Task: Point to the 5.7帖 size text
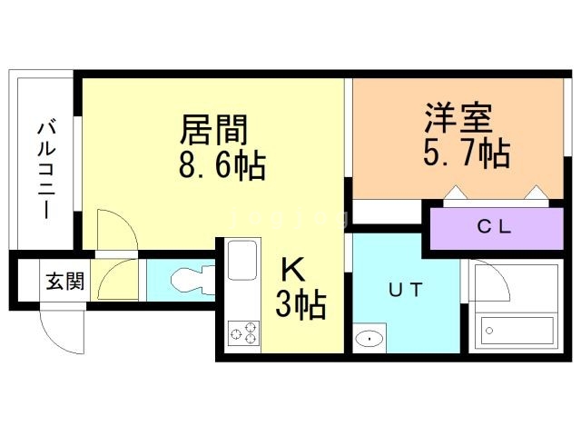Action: [x=465, y=154]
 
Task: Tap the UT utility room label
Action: [x=406, y=290]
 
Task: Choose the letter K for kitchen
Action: [x=292, y=270]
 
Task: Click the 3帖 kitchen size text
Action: [x=300, y=306]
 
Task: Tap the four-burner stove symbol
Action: [x=242, y=333]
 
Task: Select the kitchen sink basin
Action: [x=244, y=261]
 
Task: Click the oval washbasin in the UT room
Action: [x=369, y=339]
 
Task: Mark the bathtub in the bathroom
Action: [x=517, y=330]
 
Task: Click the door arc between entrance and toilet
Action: [x=119, y=279]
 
